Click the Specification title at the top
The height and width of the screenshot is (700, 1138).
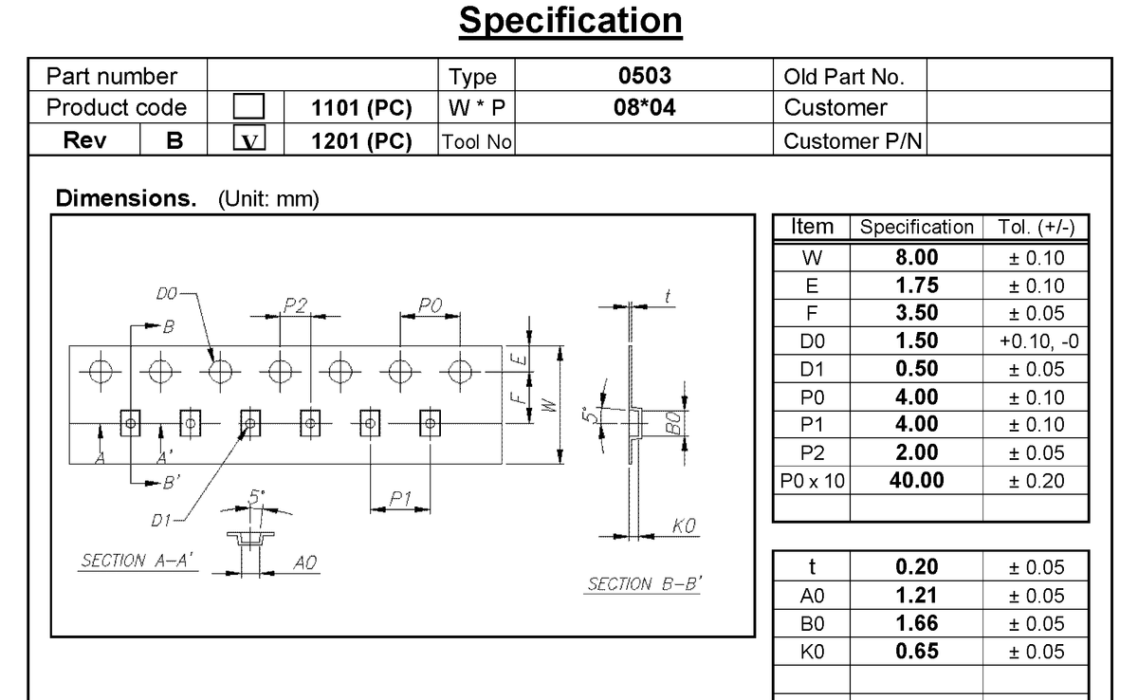(x=570, y=21)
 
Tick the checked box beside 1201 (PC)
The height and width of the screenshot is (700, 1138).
(x=248, y=140)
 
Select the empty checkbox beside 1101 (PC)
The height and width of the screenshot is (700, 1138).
(x=248, y=108)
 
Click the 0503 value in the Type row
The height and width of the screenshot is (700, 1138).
(x=644, y=76)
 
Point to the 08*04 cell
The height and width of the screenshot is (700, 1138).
(x=644, y=108)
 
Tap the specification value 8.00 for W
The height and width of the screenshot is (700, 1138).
(x=916, y=258)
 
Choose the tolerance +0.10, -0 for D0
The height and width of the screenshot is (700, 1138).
(x=1036, y=341)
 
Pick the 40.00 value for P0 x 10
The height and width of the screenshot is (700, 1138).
(x=916, y=480)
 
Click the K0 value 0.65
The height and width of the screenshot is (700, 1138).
(x=916, y=652)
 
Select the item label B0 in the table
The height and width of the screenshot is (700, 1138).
(x=812, y=624)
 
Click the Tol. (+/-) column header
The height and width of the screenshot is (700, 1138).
(x=1036, y=228)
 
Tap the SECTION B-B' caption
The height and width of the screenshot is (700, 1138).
(x=644, y=584)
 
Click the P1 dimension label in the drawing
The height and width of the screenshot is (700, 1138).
(x=399, y=499)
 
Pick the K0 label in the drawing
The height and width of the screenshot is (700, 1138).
(x=684, y=525)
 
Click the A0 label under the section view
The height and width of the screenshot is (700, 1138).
(x=304, y=562)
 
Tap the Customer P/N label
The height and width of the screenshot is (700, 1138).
(x=853, y=141)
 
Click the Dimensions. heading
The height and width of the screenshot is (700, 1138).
(x=125, y=200)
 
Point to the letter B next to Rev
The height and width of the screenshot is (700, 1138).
(x=174, y=140)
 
